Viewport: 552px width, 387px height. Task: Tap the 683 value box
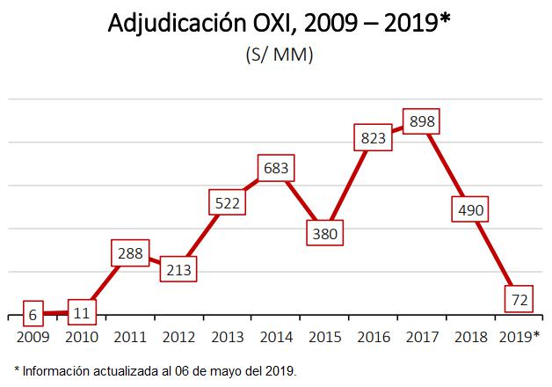(276, 167)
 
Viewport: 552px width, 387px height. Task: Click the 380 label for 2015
(325, 233)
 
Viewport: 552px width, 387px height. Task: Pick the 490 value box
(470, 209)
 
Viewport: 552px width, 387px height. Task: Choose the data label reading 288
(129, 254)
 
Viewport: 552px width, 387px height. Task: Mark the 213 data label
(178, 269)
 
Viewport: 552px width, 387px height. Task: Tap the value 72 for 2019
(519, 299)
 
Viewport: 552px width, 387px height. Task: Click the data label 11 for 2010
(80, 311)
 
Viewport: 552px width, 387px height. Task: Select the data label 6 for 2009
(32, 312)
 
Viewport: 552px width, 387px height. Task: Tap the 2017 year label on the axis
(422, 336)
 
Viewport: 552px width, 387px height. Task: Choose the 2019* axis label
(519, 336)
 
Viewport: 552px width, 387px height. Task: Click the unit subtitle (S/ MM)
(280, 55)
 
